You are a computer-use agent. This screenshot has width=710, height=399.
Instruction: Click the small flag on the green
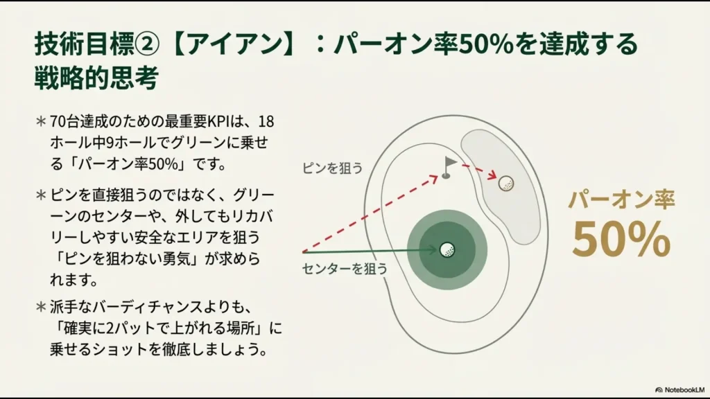449,166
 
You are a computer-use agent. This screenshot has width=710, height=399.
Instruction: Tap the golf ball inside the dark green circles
447,249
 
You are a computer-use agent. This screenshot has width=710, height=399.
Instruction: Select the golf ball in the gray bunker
506,184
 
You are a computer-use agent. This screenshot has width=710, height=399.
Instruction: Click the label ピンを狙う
332,168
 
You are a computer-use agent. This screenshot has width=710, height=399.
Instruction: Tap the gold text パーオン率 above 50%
621,199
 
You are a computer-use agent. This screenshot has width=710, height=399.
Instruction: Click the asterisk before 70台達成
41,121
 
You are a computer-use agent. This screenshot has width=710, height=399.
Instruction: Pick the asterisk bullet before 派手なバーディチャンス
41,306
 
